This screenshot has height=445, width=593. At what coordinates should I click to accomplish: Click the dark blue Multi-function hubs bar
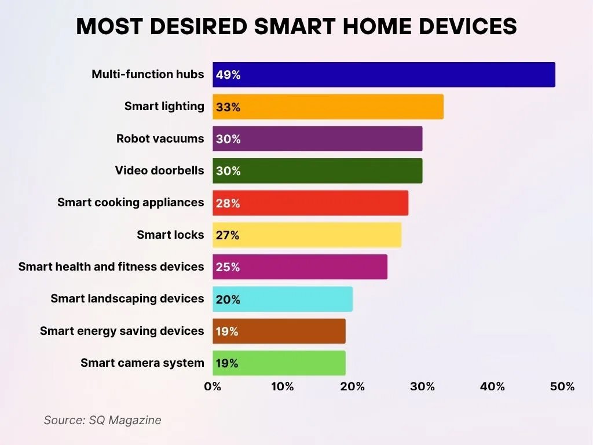point(383,75)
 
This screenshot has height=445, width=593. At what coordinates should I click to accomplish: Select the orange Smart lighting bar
point(328,107)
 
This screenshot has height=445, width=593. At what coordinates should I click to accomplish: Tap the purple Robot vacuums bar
point(317,139)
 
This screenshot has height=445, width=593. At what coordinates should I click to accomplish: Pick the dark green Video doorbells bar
point(317,171)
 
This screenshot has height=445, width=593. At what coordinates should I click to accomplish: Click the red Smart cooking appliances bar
point(310,203)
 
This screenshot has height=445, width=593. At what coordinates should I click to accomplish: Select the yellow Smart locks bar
point(307,235)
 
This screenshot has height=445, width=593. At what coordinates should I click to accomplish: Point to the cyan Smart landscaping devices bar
point(283,299)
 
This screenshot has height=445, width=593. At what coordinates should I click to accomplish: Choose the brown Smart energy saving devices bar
point(279,331)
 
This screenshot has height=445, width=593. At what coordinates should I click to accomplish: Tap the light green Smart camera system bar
point(279,363)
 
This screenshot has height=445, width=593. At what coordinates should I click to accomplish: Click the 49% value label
point(228,75)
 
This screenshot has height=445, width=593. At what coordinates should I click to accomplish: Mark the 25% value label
point(228,268)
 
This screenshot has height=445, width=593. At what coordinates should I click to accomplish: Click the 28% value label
point(228,203)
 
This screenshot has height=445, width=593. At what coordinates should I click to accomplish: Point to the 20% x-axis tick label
point(352,386)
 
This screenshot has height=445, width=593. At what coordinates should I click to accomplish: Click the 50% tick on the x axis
point(562,386)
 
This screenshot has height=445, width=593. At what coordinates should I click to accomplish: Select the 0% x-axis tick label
point(213,386)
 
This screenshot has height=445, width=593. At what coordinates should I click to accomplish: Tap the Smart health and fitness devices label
point(111,267)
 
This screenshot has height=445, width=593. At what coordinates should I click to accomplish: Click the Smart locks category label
point(170,235)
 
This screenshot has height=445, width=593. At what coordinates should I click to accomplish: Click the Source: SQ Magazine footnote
point(103,420)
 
